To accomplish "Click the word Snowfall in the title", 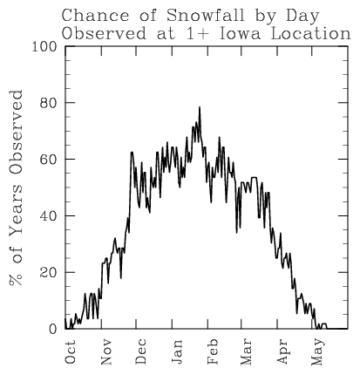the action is click(206, 15).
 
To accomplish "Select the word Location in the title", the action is click(311, 34).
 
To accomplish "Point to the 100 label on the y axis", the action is click(44, 46).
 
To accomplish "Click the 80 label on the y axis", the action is click(48, 103).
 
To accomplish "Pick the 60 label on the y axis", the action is click(48, 160).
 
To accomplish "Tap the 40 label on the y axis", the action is click(48, 216).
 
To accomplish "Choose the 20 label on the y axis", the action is click(48, 273).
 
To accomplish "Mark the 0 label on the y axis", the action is click(52, 329).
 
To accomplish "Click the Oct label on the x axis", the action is click(70, 351).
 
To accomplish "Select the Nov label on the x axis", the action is click(105, 351).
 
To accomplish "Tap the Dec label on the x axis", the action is click(141, 351).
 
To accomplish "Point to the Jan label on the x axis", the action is click(177, 351).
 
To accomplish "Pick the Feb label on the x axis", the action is click(213, 351).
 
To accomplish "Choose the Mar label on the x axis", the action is click(247, 351).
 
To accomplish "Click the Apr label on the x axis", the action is click(283, 351).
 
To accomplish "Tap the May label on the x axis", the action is click(317, 351).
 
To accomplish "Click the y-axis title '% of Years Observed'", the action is click(16, 188).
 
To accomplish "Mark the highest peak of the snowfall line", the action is click(200, 107).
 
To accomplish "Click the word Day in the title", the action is click(303, 16).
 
